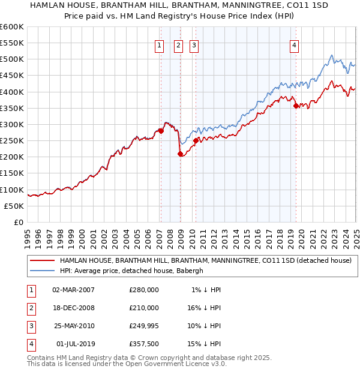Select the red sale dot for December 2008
pyautogui.click(x=180, y=154)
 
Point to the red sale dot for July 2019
pyautogui.click(x=296, y=106)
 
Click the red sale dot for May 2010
pyautogui.click(x=196, y=141)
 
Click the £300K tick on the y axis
pyautogui.click(x=12, y=124)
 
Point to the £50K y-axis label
pyautogui.click(x=14, y=206)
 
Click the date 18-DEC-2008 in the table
pyautogui.click(x=74, y=307)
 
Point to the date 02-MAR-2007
pyautogui.click(x=74, y=289)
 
